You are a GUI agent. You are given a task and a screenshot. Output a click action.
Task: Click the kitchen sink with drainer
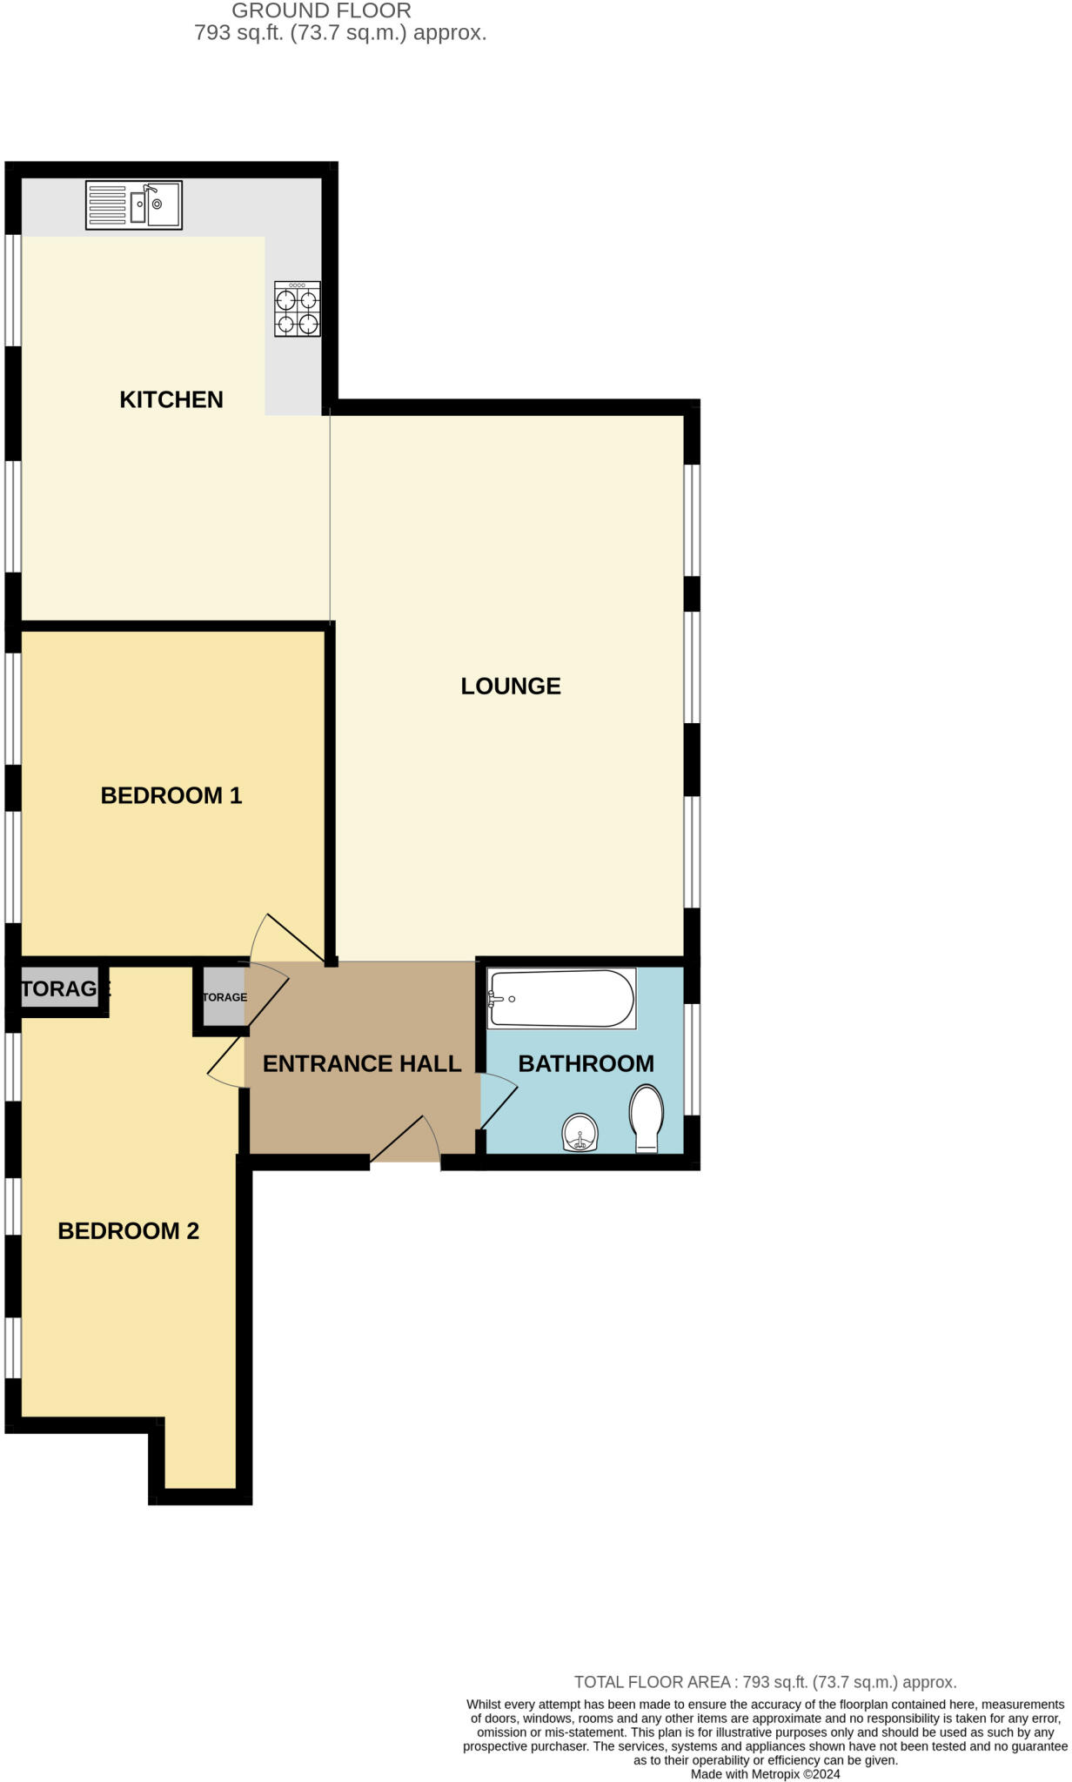point(134,205)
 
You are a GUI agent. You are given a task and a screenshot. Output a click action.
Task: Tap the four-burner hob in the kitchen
point(297,309)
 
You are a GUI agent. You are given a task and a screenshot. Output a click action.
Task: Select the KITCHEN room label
point(171,399)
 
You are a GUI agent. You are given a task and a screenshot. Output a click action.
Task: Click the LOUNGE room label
point(511,687)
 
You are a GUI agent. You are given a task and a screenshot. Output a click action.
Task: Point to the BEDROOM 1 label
point(171,795)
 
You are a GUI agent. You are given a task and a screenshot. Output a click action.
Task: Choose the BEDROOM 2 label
point(129,1230)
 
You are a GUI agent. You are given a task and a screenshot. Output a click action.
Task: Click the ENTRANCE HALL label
point(362,1063)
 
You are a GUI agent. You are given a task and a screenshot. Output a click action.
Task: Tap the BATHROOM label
point(586,1063)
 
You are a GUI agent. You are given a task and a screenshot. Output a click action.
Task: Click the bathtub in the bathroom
point(561,998)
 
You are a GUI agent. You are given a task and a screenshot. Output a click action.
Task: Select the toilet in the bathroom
point(646,1117)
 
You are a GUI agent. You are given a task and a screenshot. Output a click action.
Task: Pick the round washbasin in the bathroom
point(580,1133)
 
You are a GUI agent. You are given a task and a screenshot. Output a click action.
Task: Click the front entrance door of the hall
point(405,1140)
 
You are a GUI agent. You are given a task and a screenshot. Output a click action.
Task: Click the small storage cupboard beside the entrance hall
point(223,997)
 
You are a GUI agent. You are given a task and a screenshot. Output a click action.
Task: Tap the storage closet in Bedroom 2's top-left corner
point(59,988)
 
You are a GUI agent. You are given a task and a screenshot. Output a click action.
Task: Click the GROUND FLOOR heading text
point(321,11)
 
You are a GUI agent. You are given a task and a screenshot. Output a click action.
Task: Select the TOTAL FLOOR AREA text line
point(765,1682)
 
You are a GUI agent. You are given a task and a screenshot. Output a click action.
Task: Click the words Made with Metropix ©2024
point(765,1774)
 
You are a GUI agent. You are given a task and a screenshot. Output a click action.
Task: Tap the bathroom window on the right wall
point(692,1059)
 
